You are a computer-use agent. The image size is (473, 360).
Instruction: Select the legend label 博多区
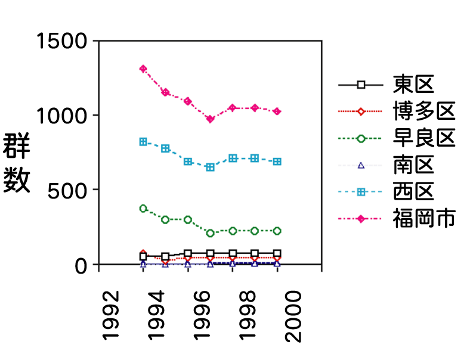pos(423,111)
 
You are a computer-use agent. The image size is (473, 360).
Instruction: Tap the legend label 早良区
pos(423,138)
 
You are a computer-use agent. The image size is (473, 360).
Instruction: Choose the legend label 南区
pos(412,165)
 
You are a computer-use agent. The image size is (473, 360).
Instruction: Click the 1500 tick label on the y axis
pos(63,41)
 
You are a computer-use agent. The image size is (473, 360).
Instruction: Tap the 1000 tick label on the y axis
pos(63,116)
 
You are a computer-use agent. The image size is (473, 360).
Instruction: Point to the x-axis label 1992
pos(111,315)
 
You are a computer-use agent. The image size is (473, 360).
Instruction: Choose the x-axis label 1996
pos(200,315)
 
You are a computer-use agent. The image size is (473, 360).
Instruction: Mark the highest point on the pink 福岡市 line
pos(143,69)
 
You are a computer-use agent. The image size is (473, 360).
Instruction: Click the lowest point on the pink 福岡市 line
pos(210,119)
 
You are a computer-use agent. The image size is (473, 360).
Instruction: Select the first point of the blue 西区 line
pos(143,142)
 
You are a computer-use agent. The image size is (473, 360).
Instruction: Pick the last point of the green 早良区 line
pos(277,231)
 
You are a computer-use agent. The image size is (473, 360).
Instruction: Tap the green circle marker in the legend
pos(360,138)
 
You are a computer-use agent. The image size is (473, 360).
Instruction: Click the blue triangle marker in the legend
pos(360,165)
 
